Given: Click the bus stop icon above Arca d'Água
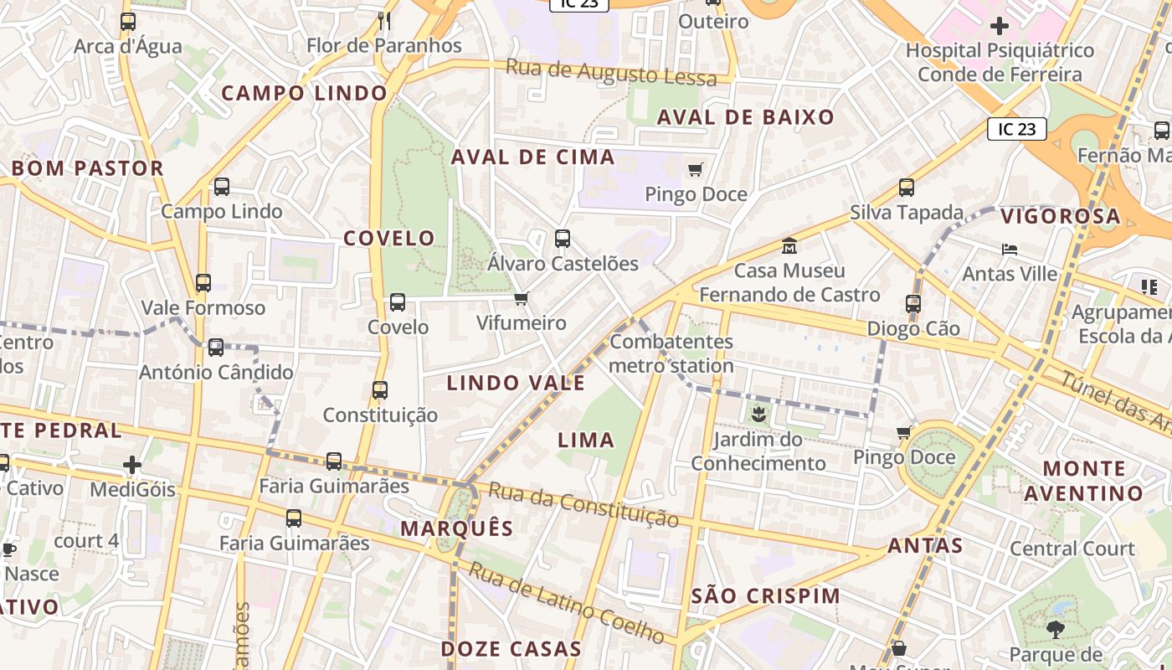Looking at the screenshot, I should (128, 22).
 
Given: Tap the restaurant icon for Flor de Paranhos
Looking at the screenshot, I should (384, 20).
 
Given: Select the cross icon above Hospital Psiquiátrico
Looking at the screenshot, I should (1000, 26).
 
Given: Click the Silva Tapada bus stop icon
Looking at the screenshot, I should (907, 188).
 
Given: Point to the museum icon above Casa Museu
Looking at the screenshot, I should (789, 246).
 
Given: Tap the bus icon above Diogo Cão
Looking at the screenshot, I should (913, 304).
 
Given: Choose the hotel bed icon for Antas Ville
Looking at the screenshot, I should (1010, 250).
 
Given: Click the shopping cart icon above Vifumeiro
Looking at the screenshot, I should (522, 299).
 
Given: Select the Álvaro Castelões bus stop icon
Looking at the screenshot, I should (563, 239).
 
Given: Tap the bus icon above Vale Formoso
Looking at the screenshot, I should (203, 283).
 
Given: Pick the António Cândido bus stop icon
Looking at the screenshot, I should (216, 347).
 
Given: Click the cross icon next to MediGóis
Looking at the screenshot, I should (132, 464).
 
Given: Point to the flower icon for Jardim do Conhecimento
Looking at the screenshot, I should (758, 413).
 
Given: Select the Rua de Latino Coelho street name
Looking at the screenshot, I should (567, 603).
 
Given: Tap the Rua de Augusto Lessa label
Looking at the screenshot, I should (612, 73).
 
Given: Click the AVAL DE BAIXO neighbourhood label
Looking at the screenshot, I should (746, 117).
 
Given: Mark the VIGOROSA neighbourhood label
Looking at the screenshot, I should (1061, 216).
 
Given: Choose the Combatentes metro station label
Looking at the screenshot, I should (671, 353).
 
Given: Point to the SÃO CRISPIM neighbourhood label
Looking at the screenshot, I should (767, 596).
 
